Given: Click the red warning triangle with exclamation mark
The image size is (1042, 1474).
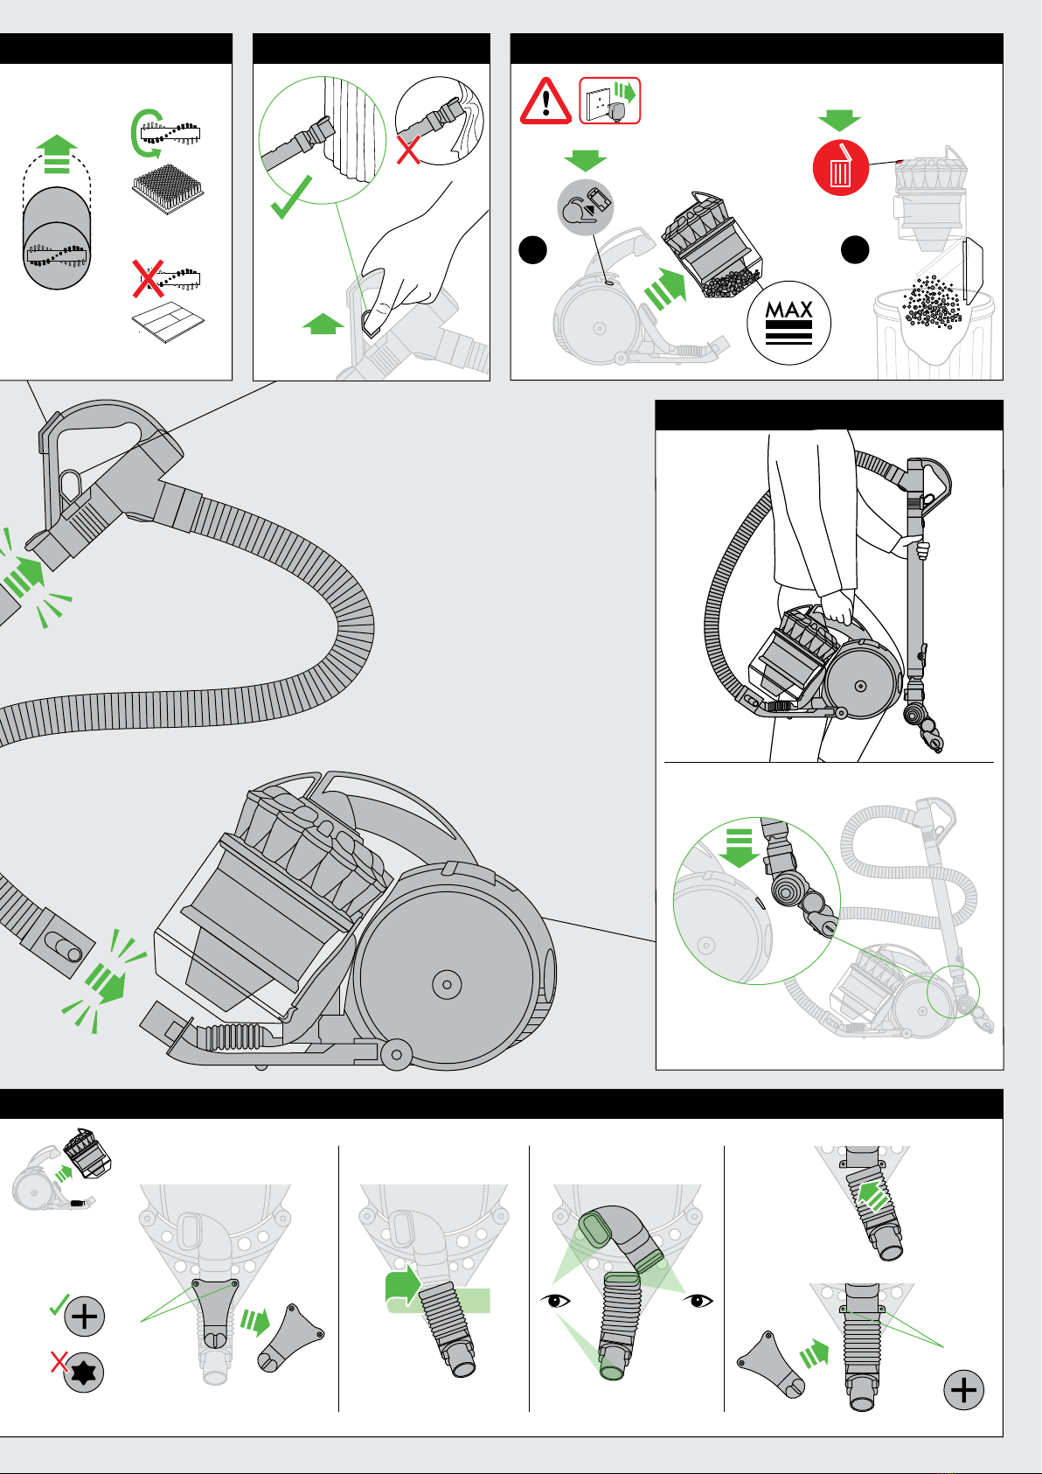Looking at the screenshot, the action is tap(546, 101).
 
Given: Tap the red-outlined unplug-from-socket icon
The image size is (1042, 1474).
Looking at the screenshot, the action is tap(610, 101).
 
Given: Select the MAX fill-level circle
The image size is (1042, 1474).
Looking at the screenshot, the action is tap(788, 322).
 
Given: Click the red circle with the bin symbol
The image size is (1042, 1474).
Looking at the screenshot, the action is tap(840, 167).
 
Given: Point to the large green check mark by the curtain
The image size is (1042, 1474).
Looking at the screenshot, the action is tap(292, 198).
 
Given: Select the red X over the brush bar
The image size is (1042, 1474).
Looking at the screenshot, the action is tap(148, 278).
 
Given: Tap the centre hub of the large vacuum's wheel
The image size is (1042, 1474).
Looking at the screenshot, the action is tap(447, 984).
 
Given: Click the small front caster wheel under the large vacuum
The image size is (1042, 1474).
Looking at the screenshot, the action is tap(396, 1054).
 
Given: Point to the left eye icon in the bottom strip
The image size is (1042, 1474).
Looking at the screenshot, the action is tap(555, 1301).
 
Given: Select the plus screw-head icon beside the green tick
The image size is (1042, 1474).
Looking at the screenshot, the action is tap(85, 1316).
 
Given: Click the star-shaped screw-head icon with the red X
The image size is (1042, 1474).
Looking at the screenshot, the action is tap(84, 1372).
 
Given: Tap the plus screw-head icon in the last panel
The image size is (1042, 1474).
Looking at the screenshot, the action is tap(963, 1390).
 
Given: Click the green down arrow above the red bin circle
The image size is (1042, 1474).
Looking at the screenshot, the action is tap(839, 121).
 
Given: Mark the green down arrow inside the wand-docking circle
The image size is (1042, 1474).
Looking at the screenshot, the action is tap(740, 845).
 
